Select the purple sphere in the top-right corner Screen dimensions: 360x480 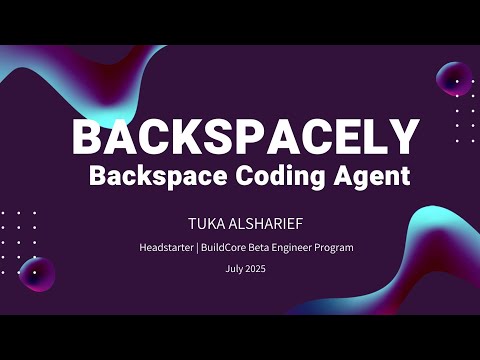[454, 78]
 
